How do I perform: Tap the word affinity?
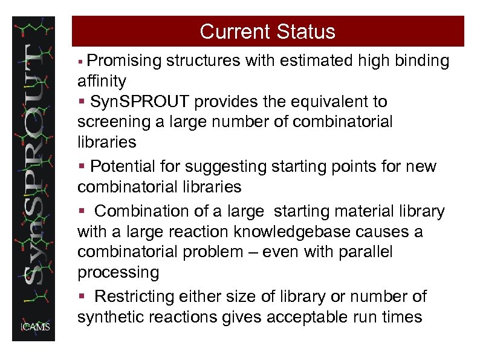(x=102, y=81)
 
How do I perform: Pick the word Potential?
(x=123, y=166)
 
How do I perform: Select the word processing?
(x=118, y=273)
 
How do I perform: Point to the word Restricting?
(x=134, y=297)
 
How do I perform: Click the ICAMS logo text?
(x=36, y=327)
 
